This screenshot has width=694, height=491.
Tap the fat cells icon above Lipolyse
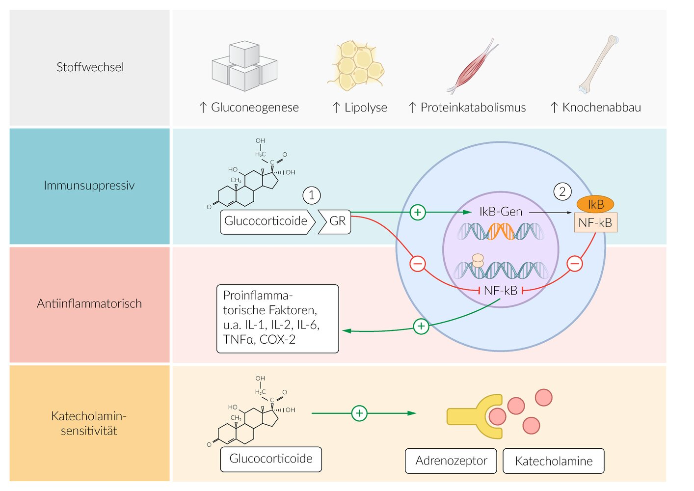(355, 66)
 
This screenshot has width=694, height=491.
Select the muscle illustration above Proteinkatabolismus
(472, 66)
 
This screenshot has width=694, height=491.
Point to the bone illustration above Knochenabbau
(598, 64)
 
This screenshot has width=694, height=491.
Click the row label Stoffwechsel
(90, 67)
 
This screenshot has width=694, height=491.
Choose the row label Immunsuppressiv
(89, 186)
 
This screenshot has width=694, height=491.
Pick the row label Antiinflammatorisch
(89, 304)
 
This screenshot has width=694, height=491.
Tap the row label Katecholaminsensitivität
(89, 423)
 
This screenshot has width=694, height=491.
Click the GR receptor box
(335, 221)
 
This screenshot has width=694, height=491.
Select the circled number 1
(312, 195)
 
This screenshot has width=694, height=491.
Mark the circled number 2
(562, 191)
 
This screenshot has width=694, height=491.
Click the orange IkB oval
(595, 204)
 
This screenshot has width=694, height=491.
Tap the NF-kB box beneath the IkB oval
(595, 223)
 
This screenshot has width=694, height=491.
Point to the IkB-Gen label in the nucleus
(501, 212)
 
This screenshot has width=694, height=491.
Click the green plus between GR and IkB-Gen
(418, 212)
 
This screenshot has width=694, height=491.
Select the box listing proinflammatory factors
(278, 318)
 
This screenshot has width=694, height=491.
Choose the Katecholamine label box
(554, 461)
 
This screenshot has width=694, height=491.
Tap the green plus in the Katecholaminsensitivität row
(359, 413)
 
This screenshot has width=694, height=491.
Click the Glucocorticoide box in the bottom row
(271, 459)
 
